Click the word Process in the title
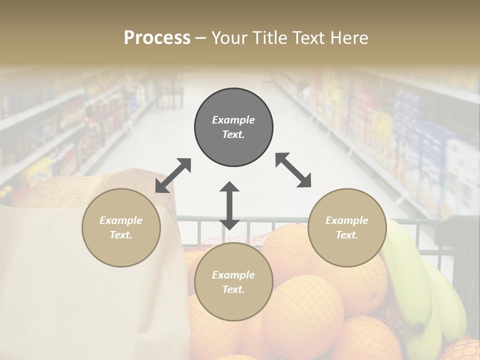(x=157, y=38)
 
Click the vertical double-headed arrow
(x=229, y=205)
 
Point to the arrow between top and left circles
(x=173, y=175)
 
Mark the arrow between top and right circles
(x=293, y=170)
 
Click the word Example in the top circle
(x=233, y=120)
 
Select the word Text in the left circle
(x=120, y=235)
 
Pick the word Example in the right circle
(x=347, y=220)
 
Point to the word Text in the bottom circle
(x=233, y=289)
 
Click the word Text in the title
(x=305, y=38)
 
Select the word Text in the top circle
(x=233, y=134)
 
